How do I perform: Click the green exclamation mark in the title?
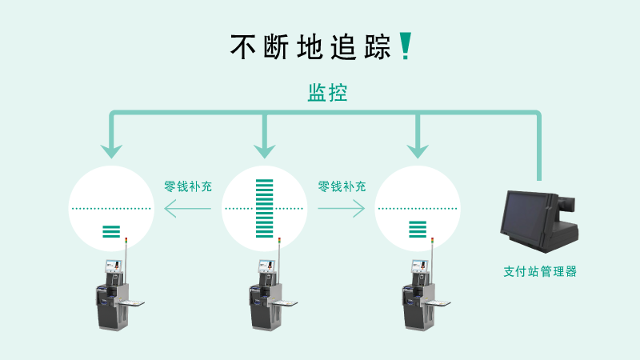coord(405,46)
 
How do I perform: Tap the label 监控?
coord(327,93)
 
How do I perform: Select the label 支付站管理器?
coord(540,271)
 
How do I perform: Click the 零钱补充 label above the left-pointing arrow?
coord(188,186)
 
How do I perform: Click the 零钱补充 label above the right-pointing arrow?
coord(342,186)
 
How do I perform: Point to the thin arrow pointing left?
coord(188,208)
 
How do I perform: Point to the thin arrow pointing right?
coord(342,208)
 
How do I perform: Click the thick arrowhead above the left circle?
coord(112,149)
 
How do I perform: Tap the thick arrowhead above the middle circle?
coord(264,149)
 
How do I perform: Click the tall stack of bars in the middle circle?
coord(264,209)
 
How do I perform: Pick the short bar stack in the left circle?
coord(111,232)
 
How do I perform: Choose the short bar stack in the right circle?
coord(418,229)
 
